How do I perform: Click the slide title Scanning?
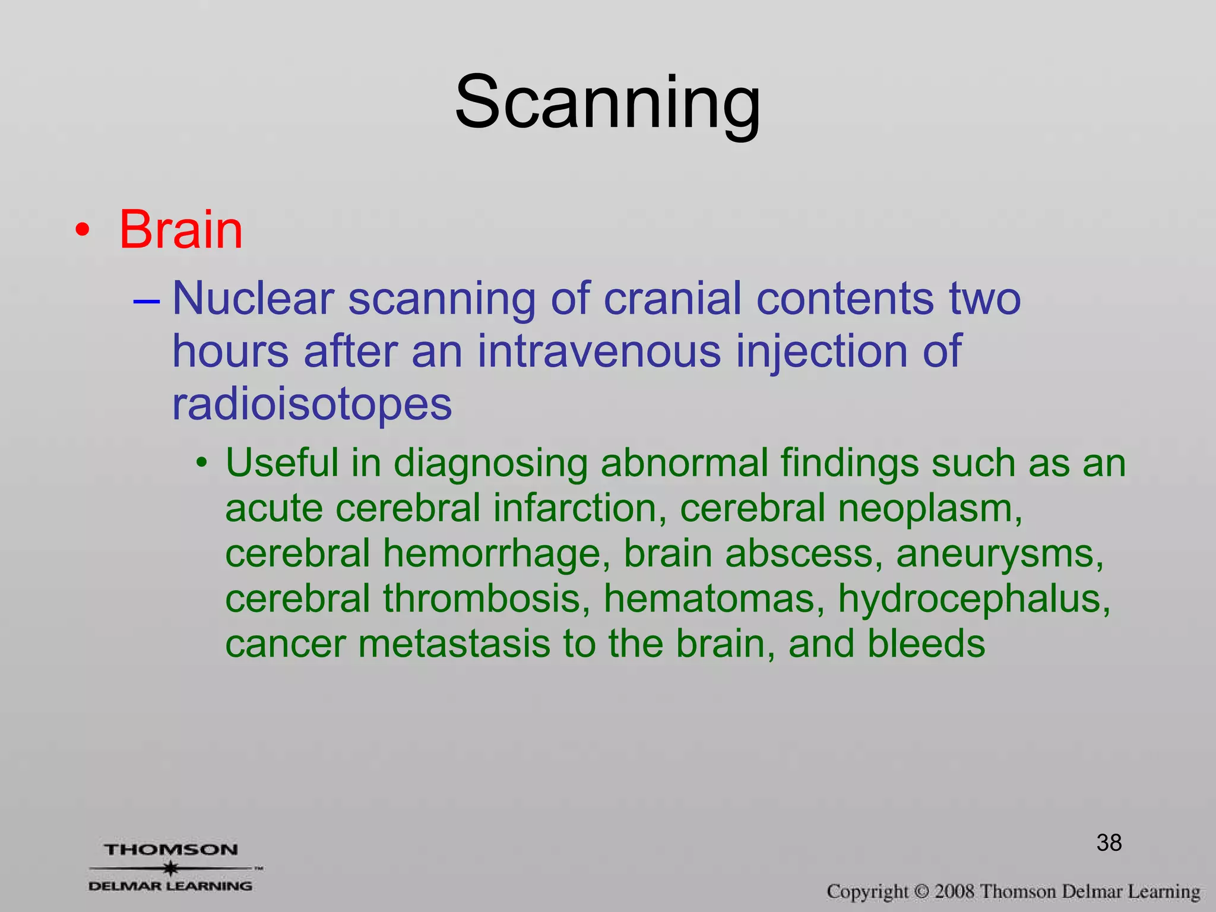(607, 102)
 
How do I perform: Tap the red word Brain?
(180, 230)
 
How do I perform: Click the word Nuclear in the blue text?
(252, 299)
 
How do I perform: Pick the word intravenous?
(598, 351)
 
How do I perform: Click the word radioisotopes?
(312, 405)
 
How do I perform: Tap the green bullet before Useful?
(203, 463)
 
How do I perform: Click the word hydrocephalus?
(974, 600)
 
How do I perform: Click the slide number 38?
(1109, 843)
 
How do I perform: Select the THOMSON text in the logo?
(172, 850)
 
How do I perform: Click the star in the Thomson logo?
(171, 868)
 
